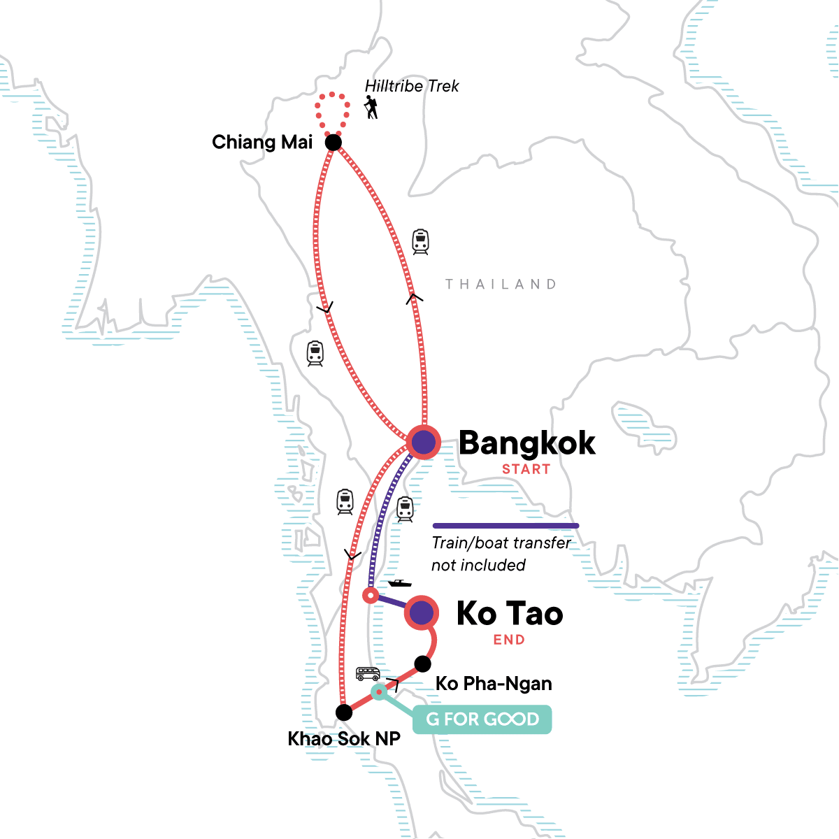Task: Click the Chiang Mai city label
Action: click(262, 143)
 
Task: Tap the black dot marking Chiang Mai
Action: click(334, 143)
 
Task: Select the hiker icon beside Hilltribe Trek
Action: click(371, 108)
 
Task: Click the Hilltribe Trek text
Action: click(412, 86)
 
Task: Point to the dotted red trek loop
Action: click(331, 112)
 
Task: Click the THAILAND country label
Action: click(501, 284)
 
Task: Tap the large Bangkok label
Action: click(527, 443)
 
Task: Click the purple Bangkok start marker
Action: click(423, 442)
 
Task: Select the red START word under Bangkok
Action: click(526, 469)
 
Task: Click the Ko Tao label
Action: click(510, 614)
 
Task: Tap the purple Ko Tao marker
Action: click(422, 613)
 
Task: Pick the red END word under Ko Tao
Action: click(509, 640)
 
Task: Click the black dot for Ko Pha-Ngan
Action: click(422, 664)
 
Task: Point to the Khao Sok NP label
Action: click(344, 739)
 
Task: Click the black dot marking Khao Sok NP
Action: click(343, 712)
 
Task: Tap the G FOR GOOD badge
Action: click(482, 719)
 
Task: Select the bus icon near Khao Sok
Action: click(368, 674)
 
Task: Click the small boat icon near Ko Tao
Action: click(399, 582)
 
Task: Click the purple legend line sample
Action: click(505, 526)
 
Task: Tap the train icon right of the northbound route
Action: click(420, 242)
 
